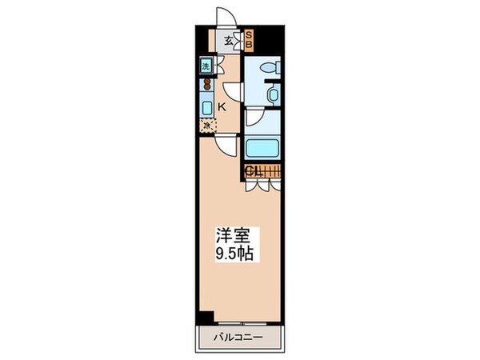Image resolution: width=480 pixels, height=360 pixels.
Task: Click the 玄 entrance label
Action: (x=228, y=39)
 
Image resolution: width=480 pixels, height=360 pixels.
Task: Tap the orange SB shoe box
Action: (x=248, y=39)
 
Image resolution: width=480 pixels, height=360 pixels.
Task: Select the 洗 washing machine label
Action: (x=206, y=67)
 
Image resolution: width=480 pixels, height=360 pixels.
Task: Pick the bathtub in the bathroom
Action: (x=262, y=149)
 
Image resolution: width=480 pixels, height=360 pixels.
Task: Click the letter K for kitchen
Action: (x=222, y=106)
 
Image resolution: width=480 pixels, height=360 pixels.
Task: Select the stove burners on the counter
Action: (x=206, y=83)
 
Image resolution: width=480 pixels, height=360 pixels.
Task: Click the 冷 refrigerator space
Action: (x=206, y=126)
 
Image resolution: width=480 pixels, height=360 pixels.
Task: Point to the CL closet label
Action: (x=254, y=170)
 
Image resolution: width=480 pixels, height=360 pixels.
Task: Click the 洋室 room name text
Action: (x=230, y=238)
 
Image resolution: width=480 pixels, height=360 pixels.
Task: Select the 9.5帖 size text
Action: (x=232, y=255)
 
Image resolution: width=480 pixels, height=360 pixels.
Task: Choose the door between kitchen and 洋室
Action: (x=226, y=144)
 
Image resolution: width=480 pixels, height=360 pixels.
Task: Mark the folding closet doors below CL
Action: (x=262, y=185)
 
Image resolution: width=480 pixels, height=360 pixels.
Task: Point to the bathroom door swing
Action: (x=254, y=119)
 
